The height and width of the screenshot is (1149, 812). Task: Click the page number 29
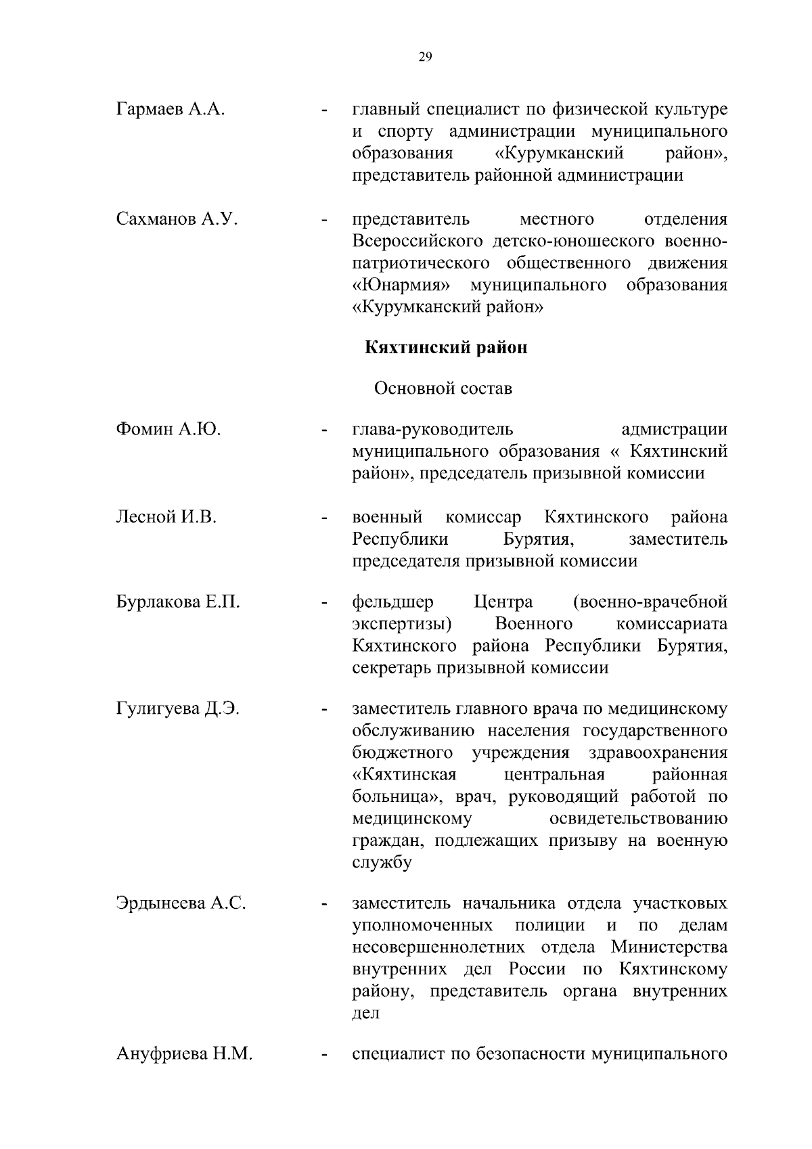[425, 57]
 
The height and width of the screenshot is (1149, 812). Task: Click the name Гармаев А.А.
[170, 109]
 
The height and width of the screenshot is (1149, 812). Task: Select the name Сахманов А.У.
[176, 219]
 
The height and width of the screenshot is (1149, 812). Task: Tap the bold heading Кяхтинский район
[446, 348]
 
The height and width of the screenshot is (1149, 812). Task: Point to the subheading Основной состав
[443, 389]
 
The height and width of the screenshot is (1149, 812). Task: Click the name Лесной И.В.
[166, 518]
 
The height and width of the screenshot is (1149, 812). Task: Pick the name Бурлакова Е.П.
[178, 602]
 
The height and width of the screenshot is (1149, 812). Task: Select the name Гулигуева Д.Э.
[178, 709]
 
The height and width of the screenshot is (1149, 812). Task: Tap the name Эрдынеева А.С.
[181, 903]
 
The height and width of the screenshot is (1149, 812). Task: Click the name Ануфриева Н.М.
[184, 1054]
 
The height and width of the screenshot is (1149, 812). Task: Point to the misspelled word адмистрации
[674, 430]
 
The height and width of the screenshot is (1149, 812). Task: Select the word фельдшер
[393, 602]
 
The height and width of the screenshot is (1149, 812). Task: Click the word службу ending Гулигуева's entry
[382, 863]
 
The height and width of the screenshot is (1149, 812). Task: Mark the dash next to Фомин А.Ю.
[325, 430]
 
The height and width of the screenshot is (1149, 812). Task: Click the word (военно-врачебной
[650, 602]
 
